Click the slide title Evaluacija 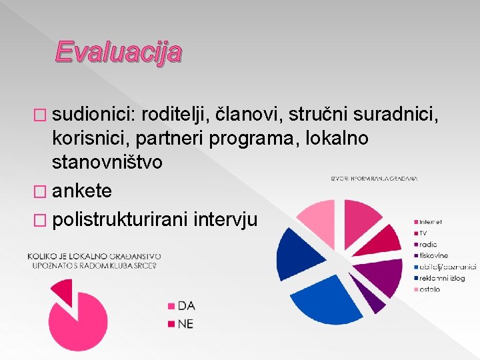118,51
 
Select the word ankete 82,191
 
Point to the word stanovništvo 107,162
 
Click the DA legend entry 186,306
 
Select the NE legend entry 185,325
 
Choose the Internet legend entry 430,221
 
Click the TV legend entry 423,233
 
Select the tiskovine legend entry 434,255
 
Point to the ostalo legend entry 429,289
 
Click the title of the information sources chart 374,179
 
